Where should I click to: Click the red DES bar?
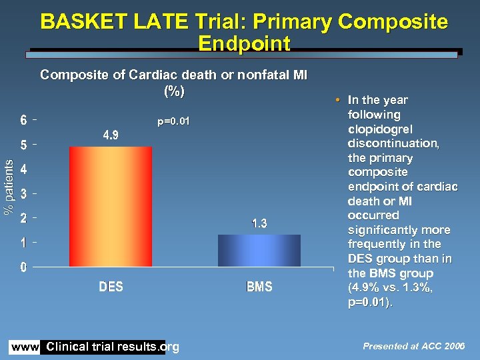click(x=111, y=207)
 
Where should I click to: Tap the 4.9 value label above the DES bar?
click(x=111, y=135)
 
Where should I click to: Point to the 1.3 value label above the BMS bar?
click(x=259, y=224)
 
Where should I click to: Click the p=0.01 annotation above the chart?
click(x=173, y=121)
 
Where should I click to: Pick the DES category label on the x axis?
click(x=111, y=287)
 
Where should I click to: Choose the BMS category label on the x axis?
click(x=259, y=287)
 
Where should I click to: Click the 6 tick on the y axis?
click(x=23, y=121)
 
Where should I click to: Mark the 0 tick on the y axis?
click(x=23, y=267)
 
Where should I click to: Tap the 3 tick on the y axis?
click(x=23, y=194)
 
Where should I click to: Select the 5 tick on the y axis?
click(x=23, y=145)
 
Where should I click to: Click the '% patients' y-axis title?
click(x=9, y=187)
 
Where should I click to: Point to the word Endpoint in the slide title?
click(x=244, y=44)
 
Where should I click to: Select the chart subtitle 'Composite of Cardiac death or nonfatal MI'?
click(x=173, y=75)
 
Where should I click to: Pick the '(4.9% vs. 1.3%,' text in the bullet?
click(x=390, y=288)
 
